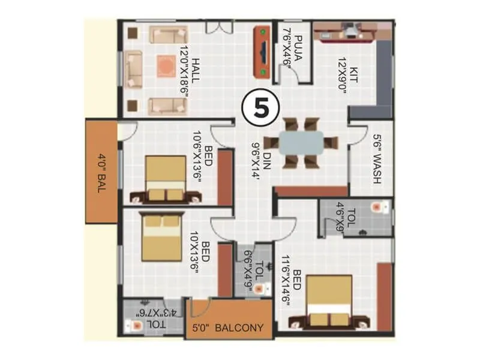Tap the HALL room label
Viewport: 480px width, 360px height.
tap(185, 69)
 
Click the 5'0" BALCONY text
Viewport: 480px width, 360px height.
tap(228, 328)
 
